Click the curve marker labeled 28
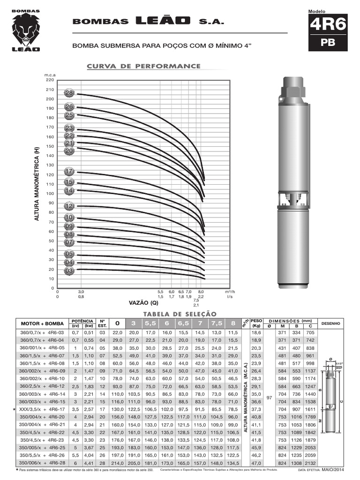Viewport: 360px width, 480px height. (69, 93)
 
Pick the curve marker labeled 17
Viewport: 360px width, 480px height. (69, 171)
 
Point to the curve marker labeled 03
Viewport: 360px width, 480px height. (69, 271)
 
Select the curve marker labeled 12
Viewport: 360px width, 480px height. (69, 206)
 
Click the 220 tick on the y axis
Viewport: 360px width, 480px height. (50, 80)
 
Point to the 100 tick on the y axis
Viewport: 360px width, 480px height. (50, 194)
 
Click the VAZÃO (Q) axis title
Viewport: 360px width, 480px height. (144, 303)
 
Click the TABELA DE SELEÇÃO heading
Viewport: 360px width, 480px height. (176, 314)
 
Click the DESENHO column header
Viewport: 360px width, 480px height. (331, 323)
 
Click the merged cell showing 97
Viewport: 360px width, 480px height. (269, 397)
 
